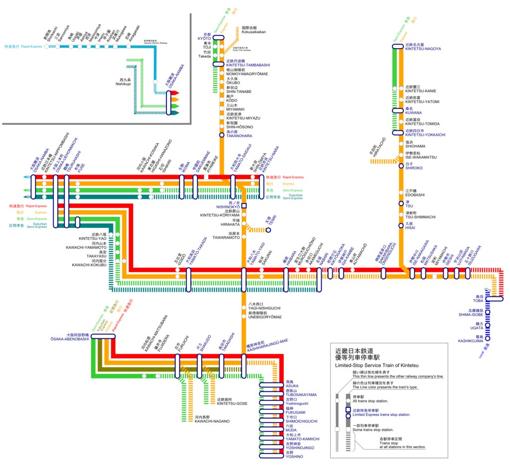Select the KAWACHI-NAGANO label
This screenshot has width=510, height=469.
point(212,421)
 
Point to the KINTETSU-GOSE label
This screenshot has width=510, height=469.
point(232,403)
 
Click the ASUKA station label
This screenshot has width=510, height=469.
point(292,386)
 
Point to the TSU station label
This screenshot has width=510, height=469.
point(409,206)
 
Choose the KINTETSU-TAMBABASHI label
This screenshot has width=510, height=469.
point(248,65)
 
